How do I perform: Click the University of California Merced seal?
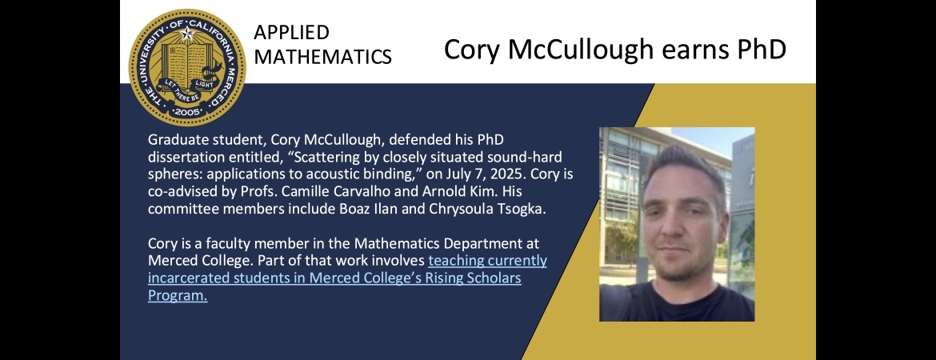point(187,67)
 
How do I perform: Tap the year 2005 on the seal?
point(187,112)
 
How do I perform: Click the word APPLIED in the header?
point(291,32)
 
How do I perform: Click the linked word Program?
point(178,295)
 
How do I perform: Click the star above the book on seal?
point(187,33)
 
